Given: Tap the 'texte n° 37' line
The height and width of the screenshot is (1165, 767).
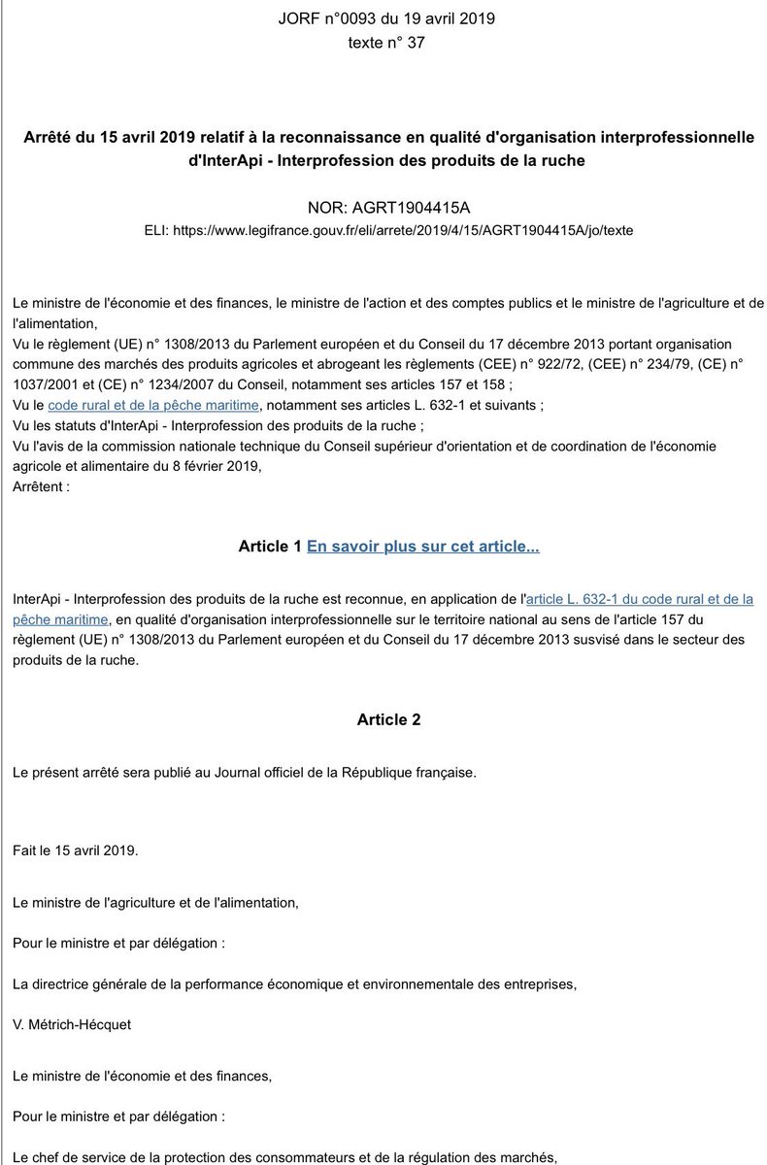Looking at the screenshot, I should (x=386, y=43).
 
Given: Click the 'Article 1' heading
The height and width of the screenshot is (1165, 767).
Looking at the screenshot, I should (x=269, y=547).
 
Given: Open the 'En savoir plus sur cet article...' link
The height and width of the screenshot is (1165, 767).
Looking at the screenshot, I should (x=423, y=547).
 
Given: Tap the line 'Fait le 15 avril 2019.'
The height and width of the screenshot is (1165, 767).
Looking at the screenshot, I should (x=76, y=849).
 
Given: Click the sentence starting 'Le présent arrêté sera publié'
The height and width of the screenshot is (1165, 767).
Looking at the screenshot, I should (x=244, y=773).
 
